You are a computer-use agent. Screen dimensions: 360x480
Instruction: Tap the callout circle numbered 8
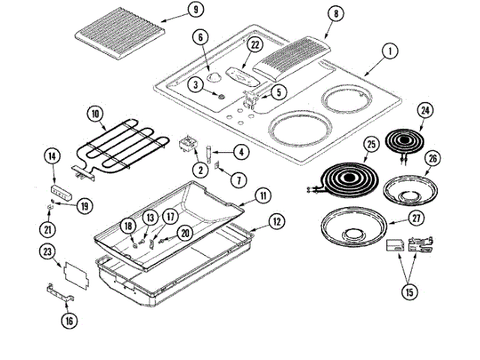point(335,13)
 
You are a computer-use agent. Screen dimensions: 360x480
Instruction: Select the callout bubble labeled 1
point(389,52)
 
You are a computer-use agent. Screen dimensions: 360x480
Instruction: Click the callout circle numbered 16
point(69,320)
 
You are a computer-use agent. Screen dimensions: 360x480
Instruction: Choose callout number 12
point(277,221)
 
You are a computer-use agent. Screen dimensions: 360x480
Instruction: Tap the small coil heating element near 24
point(405,140)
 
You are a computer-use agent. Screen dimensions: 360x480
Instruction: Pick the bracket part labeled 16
point(61,294)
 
